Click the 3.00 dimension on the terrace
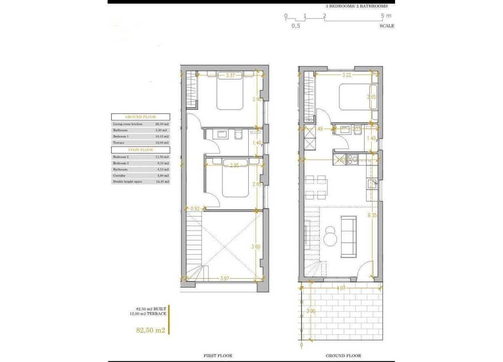coord(311,311)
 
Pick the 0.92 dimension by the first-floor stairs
coord(194,209)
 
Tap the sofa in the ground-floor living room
coord(349,236)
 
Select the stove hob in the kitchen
coord(353,159)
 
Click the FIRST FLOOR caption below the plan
coord(218,355)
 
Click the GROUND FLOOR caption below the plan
coord(343,355)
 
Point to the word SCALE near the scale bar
coord(386,26)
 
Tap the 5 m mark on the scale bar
coord(386,16)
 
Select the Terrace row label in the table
coord(119,142)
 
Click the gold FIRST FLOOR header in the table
coord(140,150)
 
